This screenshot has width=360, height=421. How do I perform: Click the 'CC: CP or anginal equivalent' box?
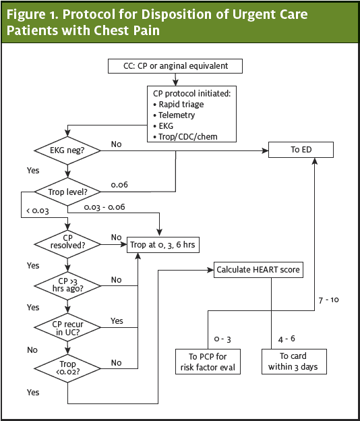coord(175,65)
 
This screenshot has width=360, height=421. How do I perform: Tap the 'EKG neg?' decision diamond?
coord(67,150)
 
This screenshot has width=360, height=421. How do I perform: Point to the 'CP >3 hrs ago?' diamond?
coord(67,284)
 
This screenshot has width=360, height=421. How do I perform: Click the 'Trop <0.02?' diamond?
coord(67,368)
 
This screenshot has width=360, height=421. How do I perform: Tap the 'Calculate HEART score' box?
coord(258,270)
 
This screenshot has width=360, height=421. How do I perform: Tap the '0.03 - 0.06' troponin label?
coord(105,208)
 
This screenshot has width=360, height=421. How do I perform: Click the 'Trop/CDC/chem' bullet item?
coord(188,137)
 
